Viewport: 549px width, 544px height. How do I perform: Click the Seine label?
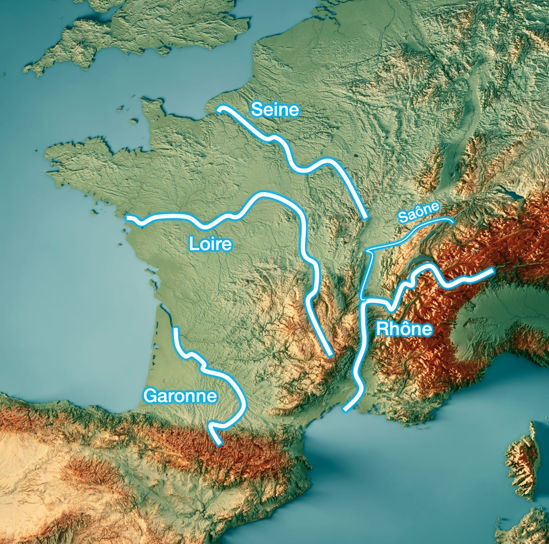click(x=275, y=110)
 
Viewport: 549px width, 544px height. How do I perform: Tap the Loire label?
click(x=210, y=244)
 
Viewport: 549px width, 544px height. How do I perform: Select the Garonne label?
click(x=180, y=396)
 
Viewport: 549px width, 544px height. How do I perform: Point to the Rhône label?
click(x=404, y=329)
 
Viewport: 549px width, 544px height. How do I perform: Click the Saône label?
click(x=419, y=212)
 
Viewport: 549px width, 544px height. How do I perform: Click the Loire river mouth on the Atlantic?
click(x=128, y=218)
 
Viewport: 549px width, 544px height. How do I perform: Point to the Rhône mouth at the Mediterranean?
click(x=345, y=409)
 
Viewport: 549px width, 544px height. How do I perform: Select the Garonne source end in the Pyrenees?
click(x=219, y=443)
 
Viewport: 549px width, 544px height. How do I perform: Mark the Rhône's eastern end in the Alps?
click(x=492, y=270)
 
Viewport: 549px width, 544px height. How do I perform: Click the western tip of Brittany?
click(x=49, y=156)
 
